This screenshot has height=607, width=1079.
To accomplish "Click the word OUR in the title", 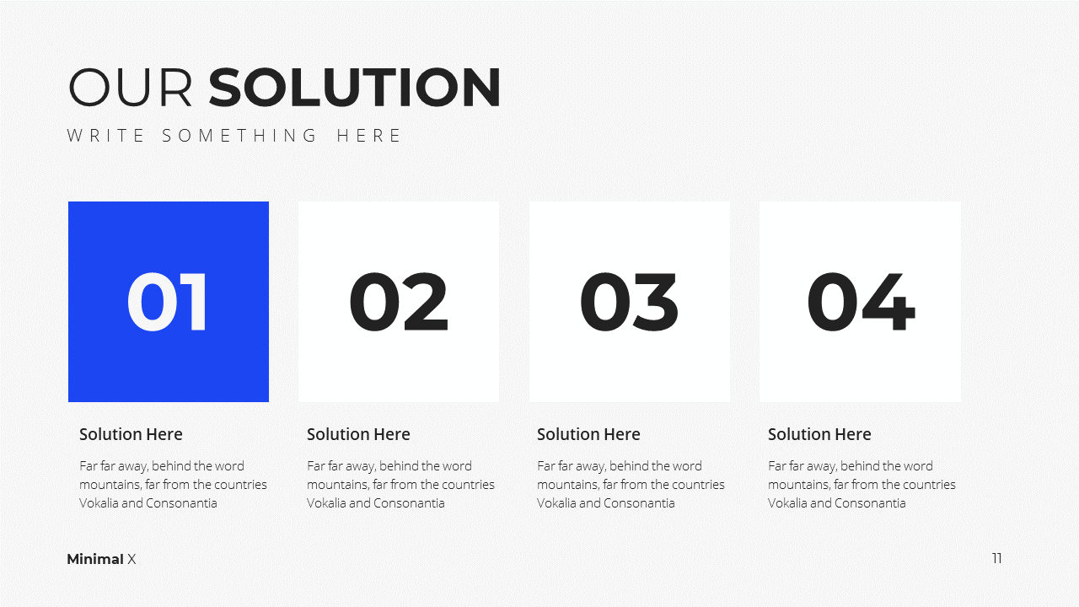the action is pyautogui.click(x=131, y=87).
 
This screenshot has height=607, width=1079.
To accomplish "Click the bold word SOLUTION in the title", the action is pyautogui.click(x=355, y=87).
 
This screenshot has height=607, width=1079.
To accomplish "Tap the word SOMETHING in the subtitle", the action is pyautogui.click(x=239, y=136).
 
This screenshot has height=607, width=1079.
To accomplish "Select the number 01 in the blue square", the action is pyautogui.click(x=167, y=302).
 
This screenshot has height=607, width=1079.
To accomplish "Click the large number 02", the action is pyautogui.click(x=399, y=302).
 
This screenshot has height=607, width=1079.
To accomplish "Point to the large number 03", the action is pyautogui.click(x=629, y=302).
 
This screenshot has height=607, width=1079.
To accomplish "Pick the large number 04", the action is pyautogui.click(x=861, y=302).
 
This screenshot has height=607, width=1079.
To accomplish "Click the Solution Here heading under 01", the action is pyautogui.click(x=131, y=434).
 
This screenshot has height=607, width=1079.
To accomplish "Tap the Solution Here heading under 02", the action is pyautogui.click(x=358, y=434).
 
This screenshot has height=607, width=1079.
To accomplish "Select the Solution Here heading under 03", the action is pyautogui.click(x=588, y=434).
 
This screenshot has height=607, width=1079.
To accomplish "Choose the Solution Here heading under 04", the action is pyautogui.click(x=819, y=434).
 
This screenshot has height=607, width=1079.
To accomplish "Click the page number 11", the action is pyautogui.click(x=997, y=558).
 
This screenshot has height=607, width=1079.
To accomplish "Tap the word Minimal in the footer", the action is pyautogui.click(x=95, y=559).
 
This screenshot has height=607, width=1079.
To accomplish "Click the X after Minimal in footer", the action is pyautogui.click(x=132, y=559).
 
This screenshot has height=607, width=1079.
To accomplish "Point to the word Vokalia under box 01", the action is pyautogui.click(x=99, y=503).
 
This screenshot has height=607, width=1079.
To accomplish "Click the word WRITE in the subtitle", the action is pyautogui.click(x=105, y=136).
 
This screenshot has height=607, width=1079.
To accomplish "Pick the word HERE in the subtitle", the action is pyautogui.click(x=368, y=136).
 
